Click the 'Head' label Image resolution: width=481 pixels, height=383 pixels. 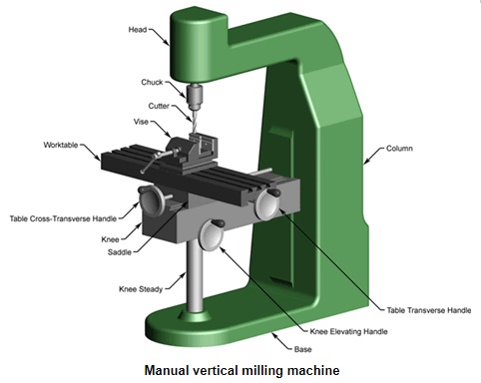pos(138,30)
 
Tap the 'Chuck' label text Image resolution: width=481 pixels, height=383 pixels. pos(152,82)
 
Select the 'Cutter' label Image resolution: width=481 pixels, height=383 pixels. pos(159,106)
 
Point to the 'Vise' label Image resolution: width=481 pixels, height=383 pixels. pos(141,122)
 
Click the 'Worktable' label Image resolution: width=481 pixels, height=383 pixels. pos(61,145)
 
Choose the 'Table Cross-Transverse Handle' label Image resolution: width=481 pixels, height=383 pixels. pos(63,218)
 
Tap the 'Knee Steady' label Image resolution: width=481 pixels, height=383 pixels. pos(141,289)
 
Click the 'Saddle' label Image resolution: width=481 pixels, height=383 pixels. pos(120,252)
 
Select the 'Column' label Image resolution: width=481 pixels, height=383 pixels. pos(399,149)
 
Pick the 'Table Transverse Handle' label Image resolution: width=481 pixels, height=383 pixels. pos(429,310)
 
